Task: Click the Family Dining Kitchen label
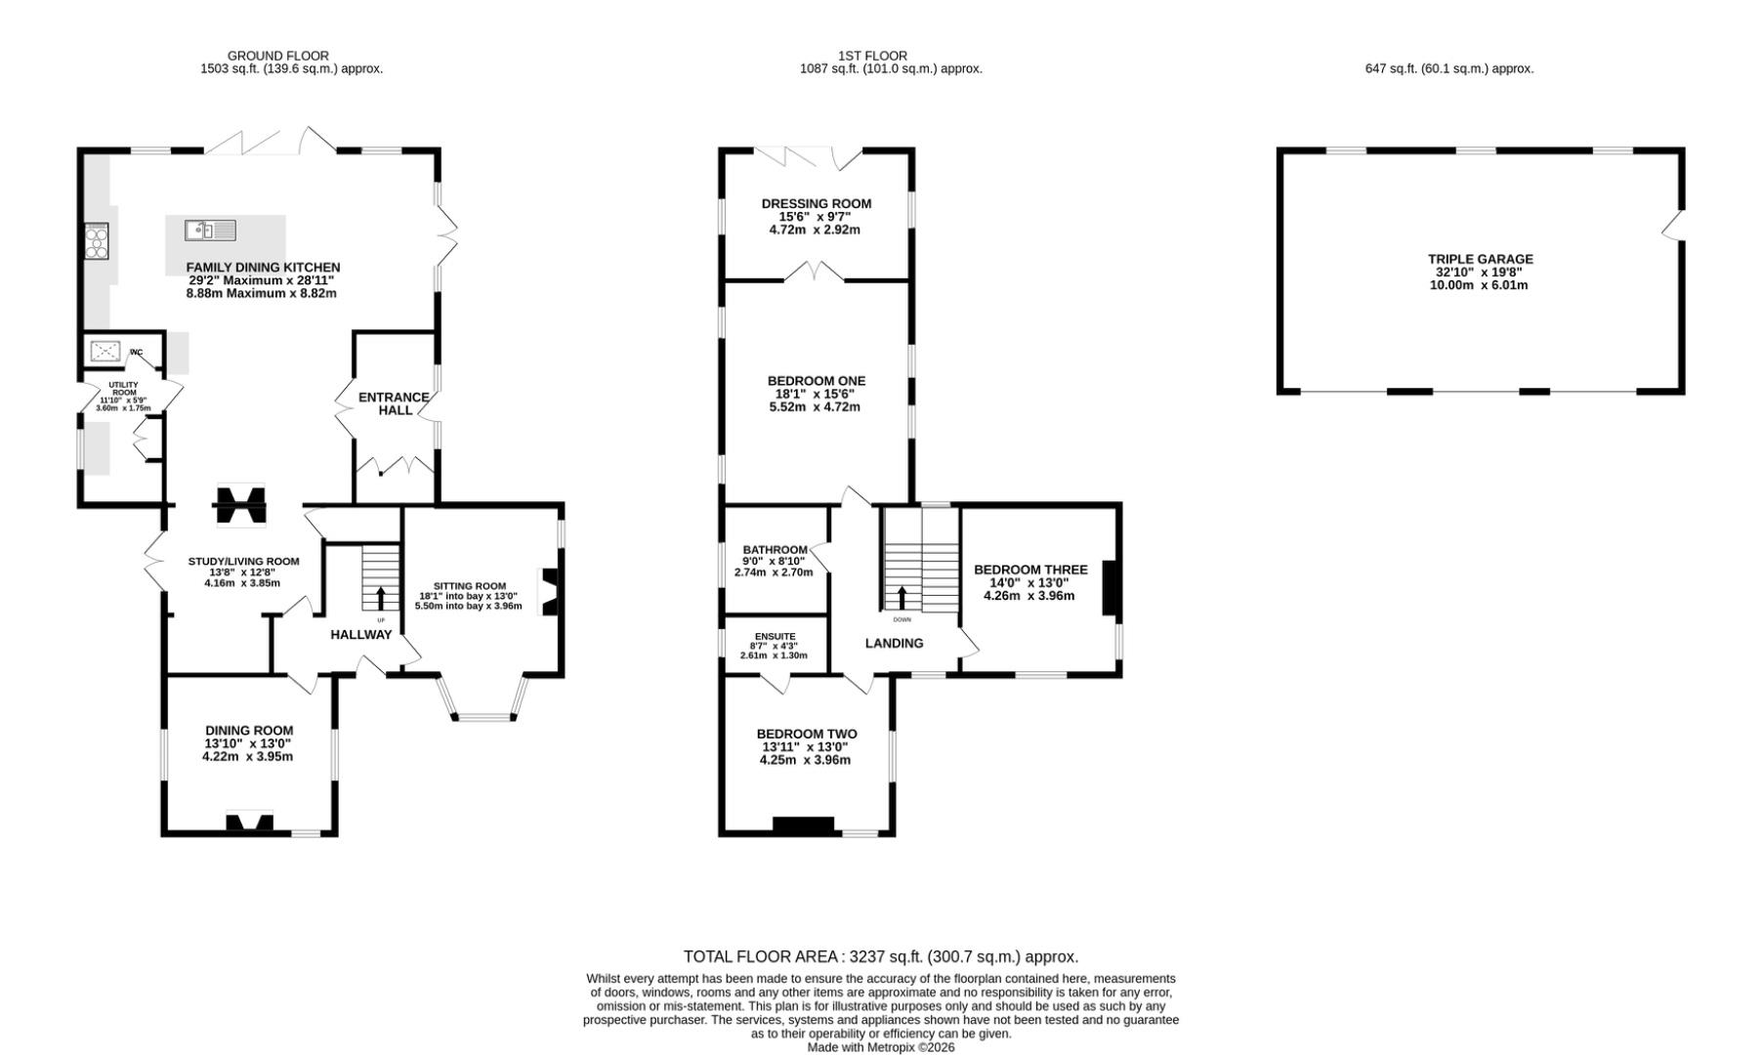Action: click(263, 267)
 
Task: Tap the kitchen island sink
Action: click(210, 231)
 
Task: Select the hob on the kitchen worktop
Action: click(97, 241)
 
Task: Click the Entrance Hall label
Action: click(394, 403)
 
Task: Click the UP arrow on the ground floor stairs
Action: click(381, 598)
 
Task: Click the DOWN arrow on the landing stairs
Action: click(902, 598)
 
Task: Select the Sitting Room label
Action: click(470, 586)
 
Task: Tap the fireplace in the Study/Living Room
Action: click(239, 506)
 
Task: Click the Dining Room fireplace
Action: click(249, 823)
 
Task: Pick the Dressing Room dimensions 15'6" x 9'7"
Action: click(817, 217)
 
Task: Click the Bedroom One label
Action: click(817, 381)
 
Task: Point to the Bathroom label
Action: click(775, 550)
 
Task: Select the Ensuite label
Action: click(775, 636)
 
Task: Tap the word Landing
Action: click(894, 643)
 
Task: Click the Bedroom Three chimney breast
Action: click(1111, 587)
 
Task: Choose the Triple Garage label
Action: click(1481, 259)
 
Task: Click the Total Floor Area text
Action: click(880, 956)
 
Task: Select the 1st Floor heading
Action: click(872, 56)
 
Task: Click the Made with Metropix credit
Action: click(881, 1047)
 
